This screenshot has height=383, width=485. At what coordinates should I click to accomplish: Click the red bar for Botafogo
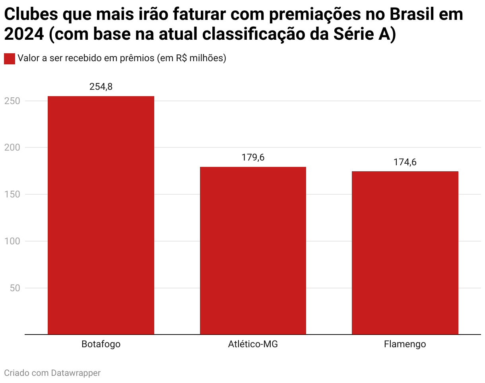(x=101, y=215)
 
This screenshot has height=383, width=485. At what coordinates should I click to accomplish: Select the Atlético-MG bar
(x=253, y=250)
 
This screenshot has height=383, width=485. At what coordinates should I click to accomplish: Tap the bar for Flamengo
(x=405, y=253)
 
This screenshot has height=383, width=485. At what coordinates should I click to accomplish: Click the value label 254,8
(x=101, y=87)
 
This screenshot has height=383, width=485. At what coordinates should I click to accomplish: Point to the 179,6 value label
(x=253, y=157)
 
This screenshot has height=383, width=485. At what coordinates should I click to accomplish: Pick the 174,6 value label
(x=405, y=162)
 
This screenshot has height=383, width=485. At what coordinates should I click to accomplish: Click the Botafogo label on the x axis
(x=101, y=344)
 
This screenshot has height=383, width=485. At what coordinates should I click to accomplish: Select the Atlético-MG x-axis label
(x=253, y=344)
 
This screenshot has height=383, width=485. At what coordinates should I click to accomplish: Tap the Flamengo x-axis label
(x=405, y=344)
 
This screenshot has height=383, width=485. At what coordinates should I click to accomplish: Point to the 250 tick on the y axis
(x=12, y=101)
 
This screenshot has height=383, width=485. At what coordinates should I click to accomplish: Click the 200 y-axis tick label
(x=12, y=148)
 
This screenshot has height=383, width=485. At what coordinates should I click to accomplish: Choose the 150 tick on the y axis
(x=12, y=194)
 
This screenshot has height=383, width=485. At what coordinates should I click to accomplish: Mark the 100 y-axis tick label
(x=12, y=241)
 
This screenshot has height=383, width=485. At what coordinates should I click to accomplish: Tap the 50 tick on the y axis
(x=15, y=288)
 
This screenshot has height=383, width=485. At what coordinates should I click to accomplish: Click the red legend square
(x=9, y=58)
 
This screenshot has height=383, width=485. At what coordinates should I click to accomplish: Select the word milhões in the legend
(x=206, y=58)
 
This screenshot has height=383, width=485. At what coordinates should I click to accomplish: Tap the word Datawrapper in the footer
(x=76, y=373)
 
